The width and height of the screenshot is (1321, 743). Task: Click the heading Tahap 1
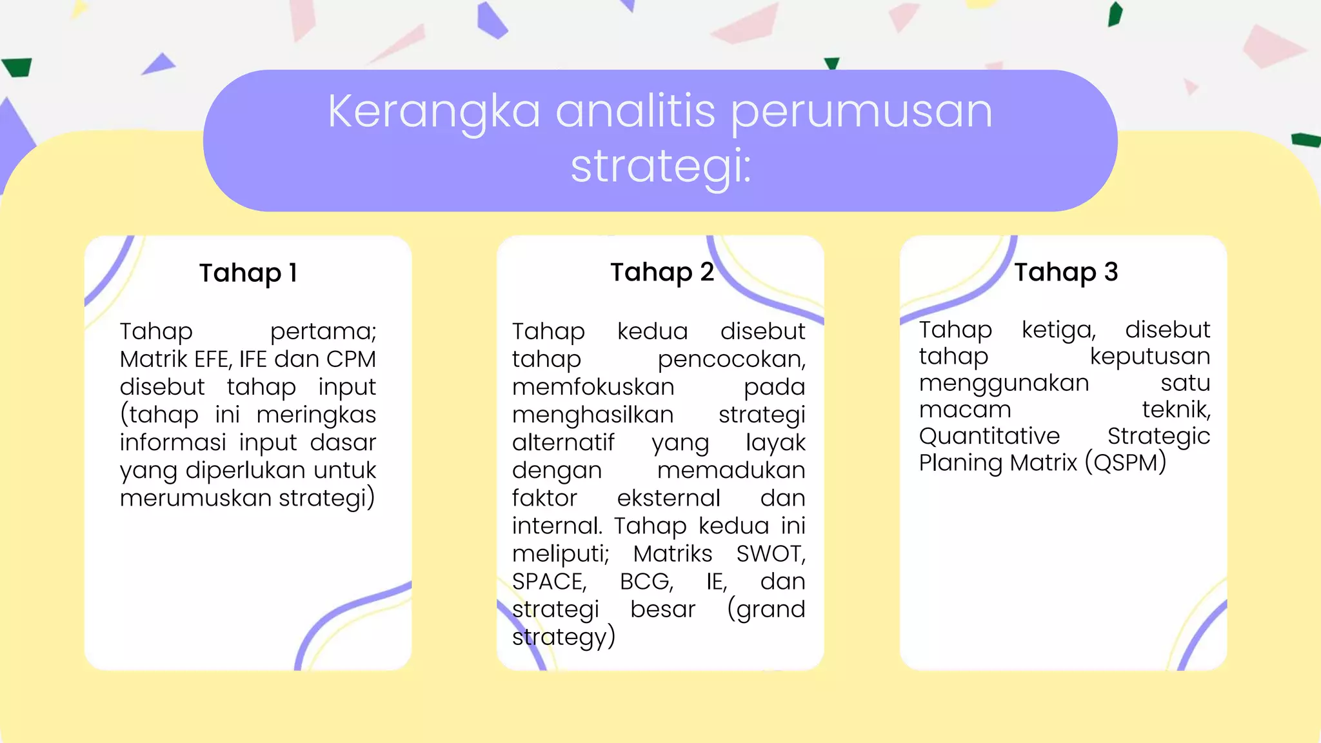[248, 273]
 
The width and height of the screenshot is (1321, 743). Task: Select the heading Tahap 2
[662, 272]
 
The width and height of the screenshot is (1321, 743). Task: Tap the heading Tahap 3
[1066, 272]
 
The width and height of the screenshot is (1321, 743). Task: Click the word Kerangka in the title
[433, 111]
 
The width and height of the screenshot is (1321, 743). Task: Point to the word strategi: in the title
[661, 166]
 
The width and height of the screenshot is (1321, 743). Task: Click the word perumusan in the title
[862, 112]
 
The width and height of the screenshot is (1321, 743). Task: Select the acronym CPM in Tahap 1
[351, 359]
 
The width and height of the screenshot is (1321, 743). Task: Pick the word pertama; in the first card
[323, 332]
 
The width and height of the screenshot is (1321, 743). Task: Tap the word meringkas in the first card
[316, 415]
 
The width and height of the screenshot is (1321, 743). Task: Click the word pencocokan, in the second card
[731, 359]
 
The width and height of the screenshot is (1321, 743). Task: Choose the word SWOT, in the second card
[771, 554]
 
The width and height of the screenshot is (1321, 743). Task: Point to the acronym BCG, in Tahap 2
[646, 582]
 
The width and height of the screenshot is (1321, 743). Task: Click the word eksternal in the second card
[668, 499]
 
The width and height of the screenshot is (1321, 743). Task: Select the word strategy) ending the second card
[564, 637]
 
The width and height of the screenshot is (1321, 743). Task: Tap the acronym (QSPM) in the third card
[1126, 462]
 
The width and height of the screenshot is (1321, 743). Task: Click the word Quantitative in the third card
[989, 436]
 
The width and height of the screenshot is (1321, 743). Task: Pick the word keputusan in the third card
[1149, 356]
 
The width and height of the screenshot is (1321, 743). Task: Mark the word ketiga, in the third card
[1058, 330]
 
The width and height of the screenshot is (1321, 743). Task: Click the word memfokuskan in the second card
[593, 387]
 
